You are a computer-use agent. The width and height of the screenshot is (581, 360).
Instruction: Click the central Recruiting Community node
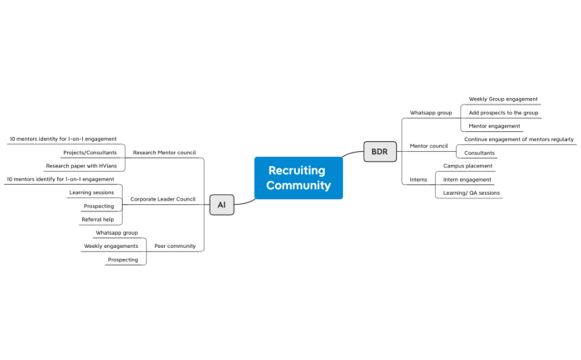click(298, 178)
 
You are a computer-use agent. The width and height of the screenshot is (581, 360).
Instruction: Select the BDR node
click(379, 152)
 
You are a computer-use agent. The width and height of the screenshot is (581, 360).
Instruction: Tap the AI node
click(221, 205)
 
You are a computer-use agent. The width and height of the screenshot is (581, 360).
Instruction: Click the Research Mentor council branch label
click(164, 153)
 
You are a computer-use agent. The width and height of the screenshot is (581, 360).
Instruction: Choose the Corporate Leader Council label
click(162, 199)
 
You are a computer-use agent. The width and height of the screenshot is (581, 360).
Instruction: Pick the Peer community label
click(175, 246)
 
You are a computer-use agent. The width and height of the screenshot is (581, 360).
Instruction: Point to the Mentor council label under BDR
click(428, 146)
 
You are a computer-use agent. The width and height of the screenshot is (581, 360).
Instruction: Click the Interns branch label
click(419, 179)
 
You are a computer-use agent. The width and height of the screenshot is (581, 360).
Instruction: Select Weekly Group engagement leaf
click(503, 99)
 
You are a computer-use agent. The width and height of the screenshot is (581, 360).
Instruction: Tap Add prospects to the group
click(503, 113)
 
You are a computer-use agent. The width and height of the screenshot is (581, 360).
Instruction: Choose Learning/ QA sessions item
click(472, 192)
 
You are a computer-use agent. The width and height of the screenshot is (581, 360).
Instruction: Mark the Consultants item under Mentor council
click(479, 153)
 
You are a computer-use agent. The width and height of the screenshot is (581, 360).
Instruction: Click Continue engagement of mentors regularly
click(518, 139)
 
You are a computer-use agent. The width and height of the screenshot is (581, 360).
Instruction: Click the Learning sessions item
click(91, 192)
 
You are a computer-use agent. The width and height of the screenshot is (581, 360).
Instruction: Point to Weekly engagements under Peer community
click(111, 246)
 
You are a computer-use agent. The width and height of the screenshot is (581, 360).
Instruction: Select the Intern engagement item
click(467, 179)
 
